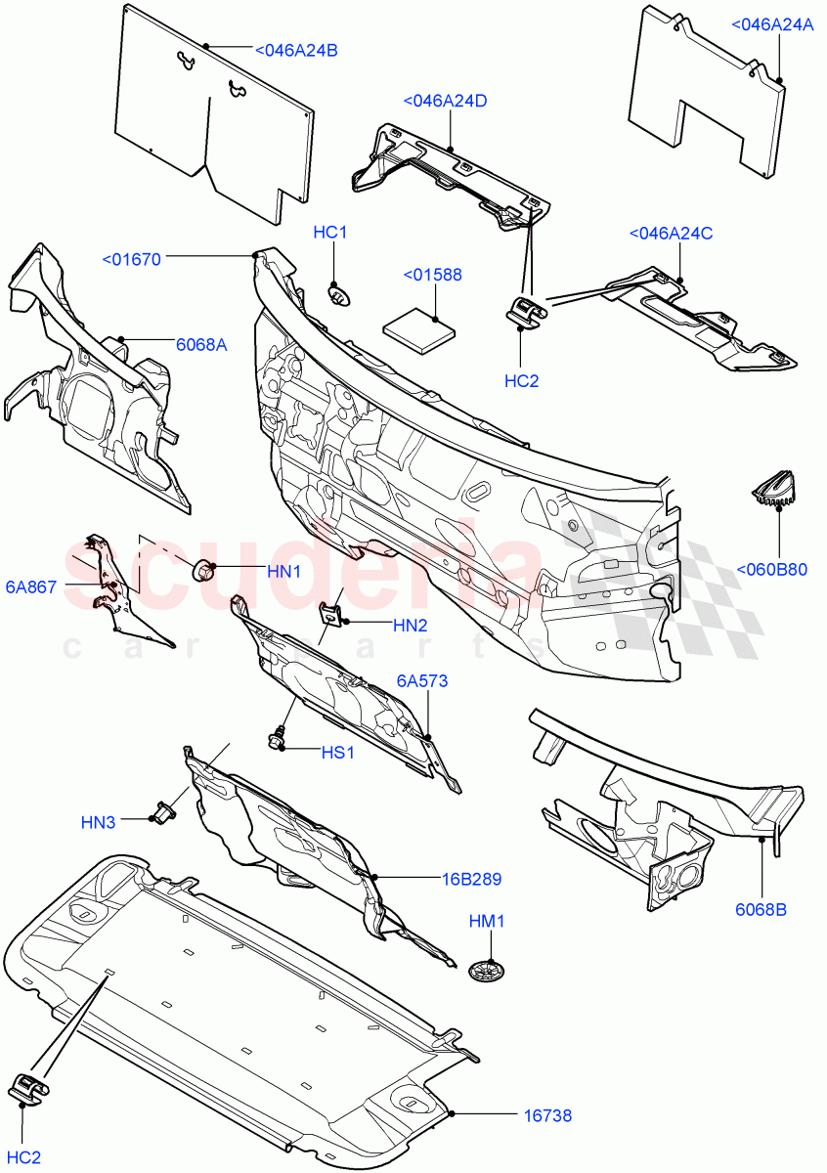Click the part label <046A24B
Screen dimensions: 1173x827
click(x=296, y=51)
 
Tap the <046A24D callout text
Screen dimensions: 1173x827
click(x=445, y=101)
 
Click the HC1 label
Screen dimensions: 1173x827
click(x=330, y=232)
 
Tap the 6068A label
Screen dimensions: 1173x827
click(x=201, y=344)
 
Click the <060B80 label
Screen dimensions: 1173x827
click(x=772, y=570)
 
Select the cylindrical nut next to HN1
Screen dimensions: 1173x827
click(x=204, y=568)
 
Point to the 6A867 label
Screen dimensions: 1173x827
click(x=30, y=586)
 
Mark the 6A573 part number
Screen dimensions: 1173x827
click(x=422, y=680)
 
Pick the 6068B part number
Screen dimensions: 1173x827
click(x=762, y=910)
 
